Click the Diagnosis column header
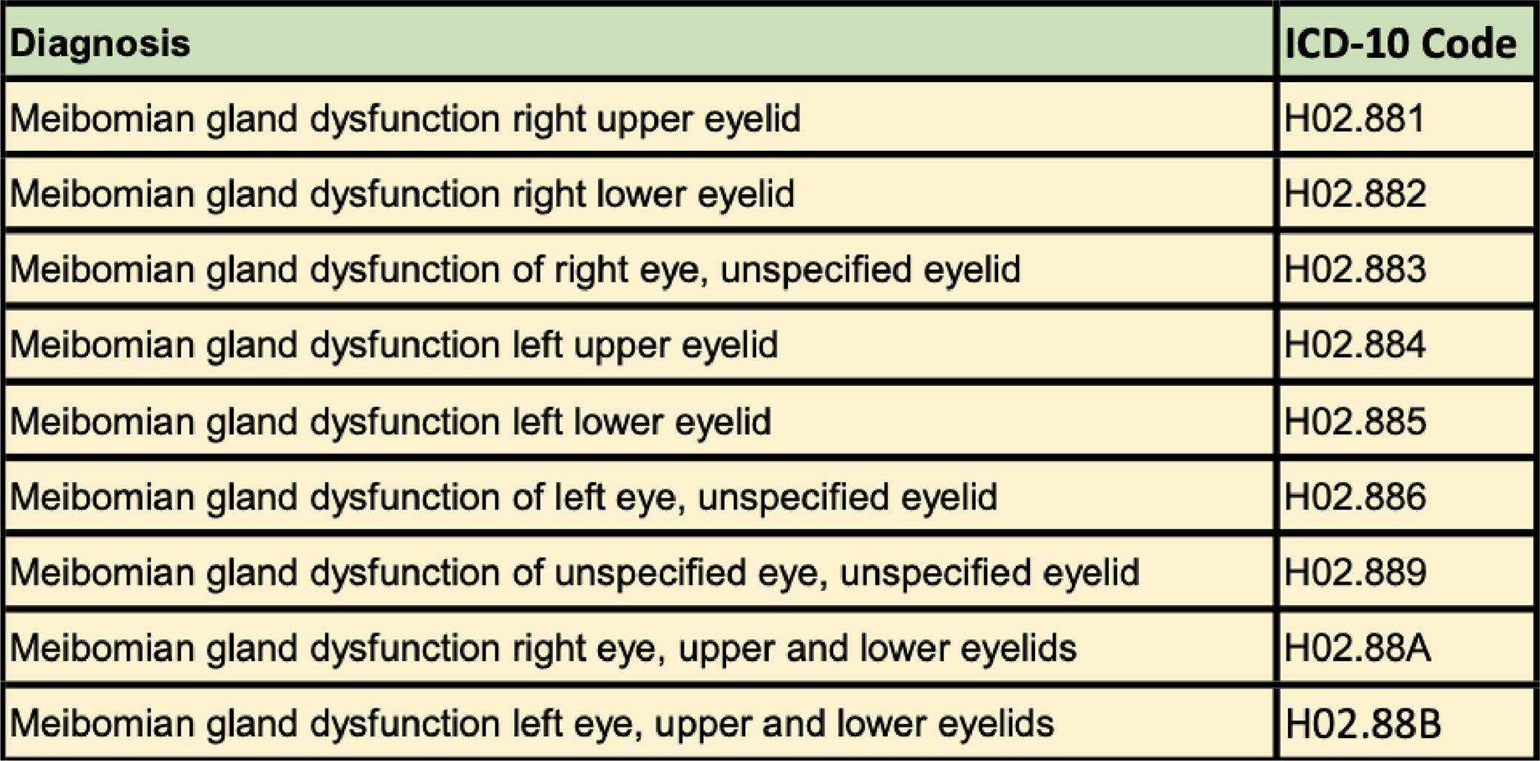101,44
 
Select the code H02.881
1354,118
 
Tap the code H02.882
1355,194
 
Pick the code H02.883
1355,269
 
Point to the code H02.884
1355,345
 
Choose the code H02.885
1355,421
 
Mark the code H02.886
1355,497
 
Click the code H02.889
1355,572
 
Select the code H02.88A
1357,649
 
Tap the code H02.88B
1363,724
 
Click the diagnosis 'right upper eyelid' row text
405,118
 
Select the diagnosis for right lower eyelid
402,194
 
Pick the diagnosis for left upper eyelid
394,345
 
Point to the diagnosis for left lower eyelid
390,421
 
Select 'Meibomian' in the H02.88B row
102,724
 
